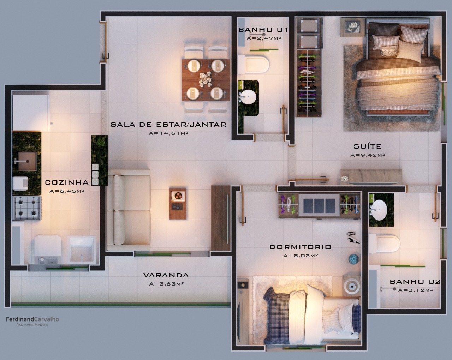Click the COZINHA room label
67,182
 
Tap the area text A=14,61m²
168,133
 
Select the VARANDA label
166,275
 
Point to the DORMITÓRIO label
301,247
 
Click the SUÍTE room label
368,146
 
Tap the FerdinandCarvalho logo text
32,319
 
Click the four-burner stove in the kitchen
27,208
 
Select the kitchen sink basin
27,161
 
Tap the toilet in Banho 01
254,64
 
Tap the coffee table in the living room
178,204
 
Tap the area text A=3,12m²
415,290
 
